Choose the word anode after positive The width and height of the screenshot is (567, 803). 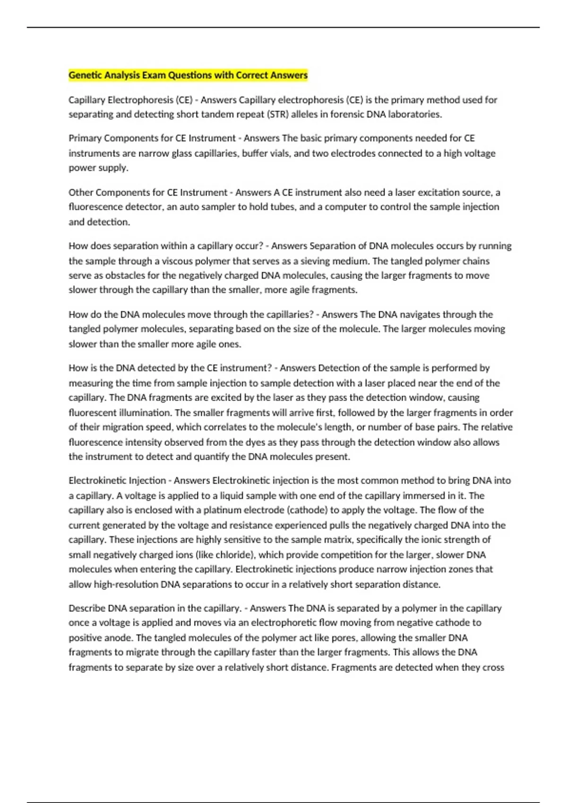[120, 638]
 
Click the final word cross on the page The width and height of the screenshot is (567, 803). [494, 667]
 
